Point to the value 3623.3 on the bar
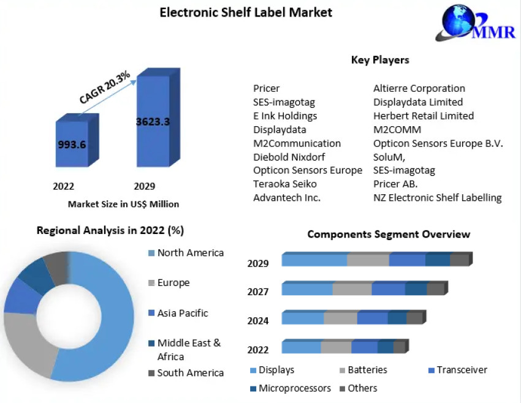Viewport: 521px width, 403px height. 153,121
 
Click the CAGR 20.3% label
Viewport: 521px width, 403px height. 105,87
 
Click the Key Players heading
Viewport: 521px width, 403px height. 380,60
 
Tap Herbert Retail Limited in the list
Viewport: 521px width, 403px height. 424,116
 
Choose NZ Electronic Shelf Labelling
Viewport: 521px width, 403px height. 438,197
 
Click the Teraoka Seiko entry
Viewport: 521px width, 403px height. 285,184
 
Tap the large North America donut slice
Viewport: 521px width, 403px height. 110,318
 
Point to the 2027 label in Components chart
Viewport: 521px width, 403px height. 258,292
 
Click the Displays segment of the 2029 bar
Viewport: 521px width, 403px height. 314,260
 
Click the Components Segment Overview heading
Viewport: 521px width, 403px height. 389,235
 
